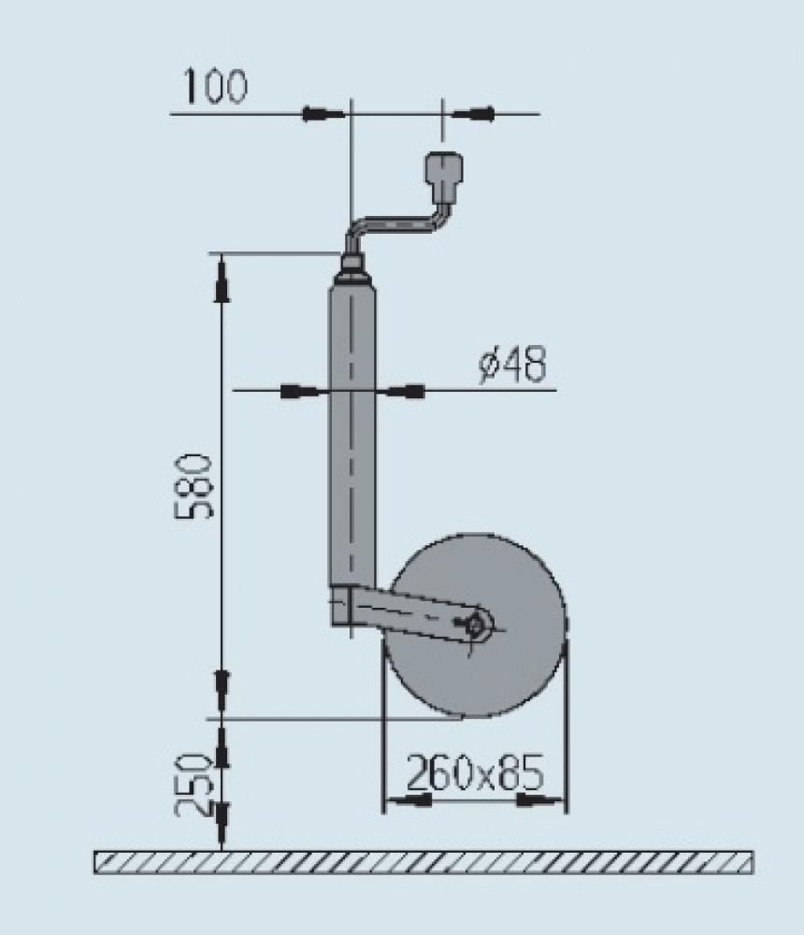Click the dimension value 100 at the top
point(215,87)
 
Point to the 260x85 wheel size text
point(474,773)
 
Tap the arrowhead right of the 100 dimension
point(473,114)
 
